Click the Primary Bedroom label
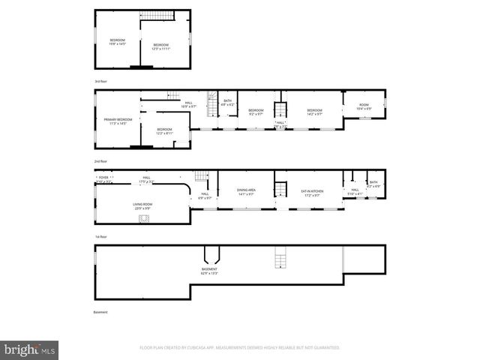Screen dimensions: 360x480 click(118, 121)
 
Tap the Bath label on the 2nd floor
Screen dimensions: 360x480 click(227, 103)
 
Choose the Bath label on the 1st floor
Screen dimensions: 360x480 click(373, 184)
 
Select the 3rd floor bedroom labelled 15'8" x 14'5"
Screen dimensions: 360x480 click(118, 42)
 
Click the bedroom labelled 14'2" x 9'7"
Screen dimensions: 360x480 click(314, 112)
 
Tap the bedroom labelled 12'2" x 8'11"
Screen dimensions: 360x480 click(164, 131)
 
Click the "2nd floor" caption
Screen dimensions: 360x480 click(101, 161)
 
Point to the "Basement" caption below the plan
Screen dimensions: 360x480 click(100, 312)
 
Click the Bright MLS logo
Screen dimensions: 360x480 click(30, 349)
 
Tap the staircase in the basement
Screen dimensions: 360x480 click(280, 259)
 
